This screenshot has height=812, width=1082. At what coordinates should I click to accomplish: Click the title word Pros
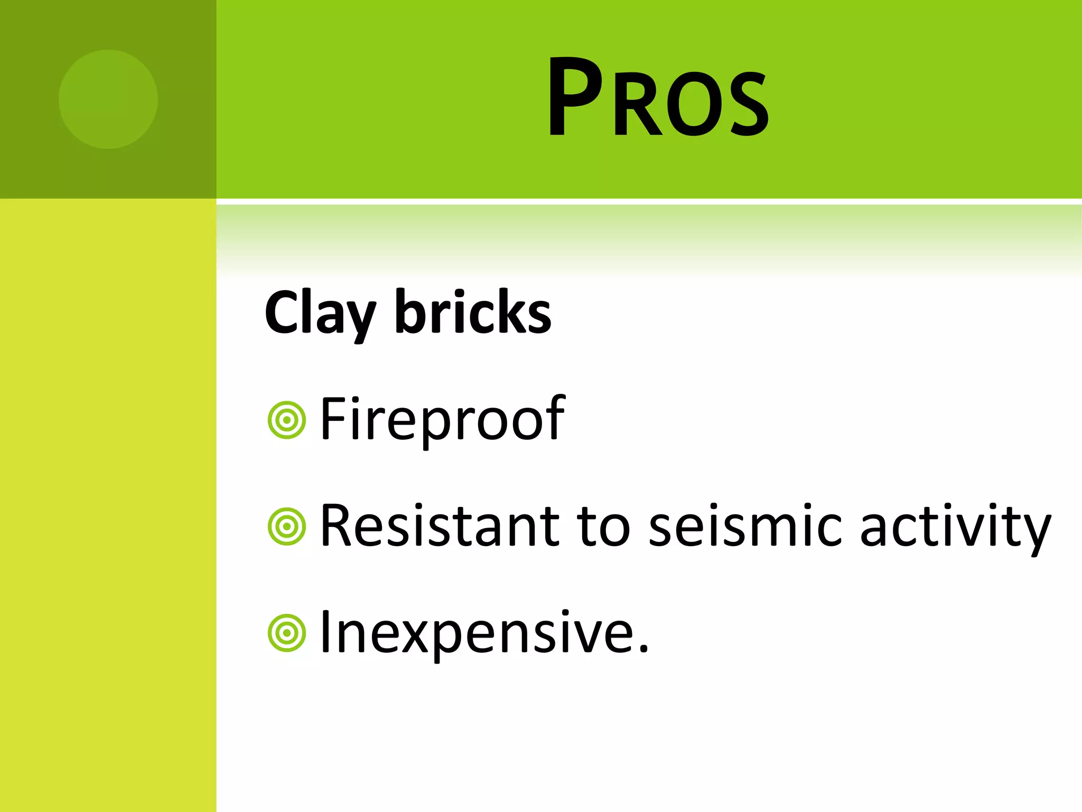658,98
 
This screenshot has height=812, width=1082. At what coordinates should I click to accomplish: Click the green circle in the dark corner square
108,99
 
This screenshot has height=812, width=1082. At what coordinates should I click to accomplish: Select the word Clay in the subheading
320,313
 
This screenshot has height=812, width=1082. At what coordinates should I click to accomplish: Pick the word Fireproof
443,419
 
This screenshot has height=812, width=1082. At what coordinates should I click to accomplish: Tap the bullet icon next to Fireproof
287,420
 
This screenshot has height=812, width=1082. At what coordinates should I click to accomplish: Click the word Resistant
439,525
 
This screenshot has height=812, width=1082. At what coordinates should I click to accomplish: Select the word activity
955,527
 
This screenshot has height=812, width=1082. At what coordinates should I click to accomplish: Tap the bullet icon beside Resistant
287,527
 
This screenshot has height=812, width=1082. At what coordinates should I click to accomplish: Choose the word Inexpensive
478,633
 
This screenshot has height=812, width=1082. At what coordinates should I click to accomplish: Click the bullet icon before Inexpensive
287,633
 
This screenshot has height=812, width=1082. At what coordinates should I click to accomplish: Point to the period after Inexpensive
643,648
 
